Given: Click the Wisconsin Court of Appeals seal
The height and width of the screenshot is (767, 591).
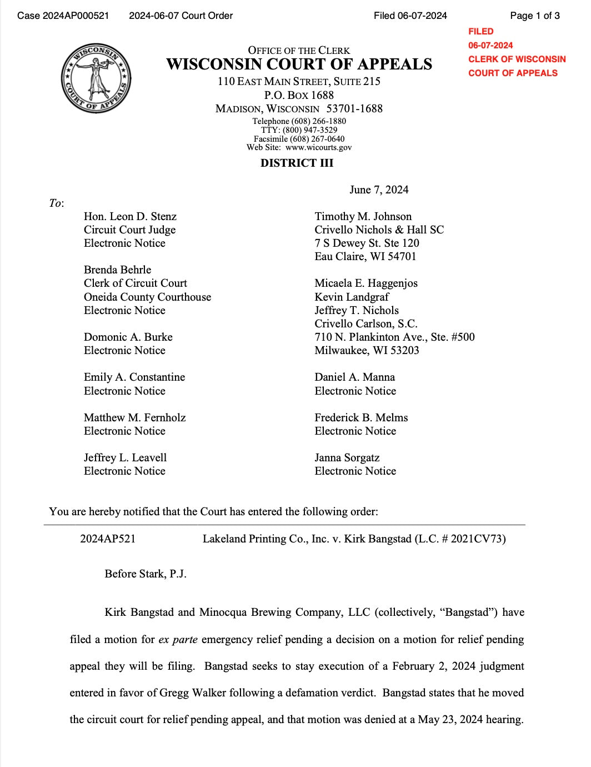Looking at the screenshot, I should click(96, 78).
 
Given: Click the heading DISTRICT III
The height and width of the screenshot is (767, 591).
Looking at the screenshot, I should click(297, 163).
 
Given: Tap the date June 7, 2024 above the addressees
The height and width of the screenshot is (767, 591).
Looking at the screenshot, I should click(379, 190).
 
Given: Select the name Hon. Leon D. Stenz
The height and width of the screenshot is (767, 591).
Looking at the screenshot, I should click(130, 216).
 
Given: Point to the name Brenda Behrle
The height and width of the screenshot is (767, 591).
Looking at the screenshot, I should click(117, 270).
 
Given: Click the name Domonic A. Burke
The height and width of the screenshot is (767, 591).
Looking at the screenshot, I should click(128, 337).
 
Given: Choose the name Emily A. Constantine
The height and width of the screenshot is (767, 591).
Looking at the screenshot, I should click(134, 377).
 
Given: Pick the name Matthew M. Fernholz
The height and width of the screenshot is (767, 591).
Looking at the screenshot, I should click(134, 417).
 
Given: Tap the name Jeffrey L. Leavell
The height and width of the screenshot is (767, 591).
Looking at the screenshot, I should click(125, 457).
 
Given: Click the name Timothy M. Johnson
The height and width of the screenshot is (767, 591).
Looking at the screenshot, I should click(363, 216).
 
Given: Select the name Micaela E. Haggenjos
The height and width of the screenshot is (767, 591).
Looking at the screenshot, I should click(365, 283).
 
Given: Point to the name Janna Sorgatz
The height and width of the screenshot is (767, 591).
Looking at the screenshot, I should click(347, 457).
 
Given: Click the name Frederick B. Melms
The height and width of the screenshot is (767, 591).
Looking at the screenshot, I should click(361, 417).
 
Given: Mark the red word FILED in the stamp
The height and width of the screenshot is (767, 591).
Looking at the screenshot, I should click(480, 32).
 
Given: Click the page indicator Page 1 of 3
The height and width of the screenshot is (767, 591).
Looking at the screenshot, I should click(534, 16).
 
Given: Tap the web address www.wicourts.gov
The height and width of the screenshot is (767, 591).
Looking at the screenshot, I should click(318, 148).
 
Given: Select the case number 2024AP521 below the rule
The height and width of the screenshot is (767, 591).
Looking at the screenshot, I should click(108, 539).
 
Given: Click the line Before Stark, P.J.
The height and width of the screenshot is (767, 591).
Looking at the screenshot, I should click(146, 574).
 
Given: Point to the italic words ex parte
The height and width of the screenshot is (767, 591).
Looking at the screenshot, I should click(178, 639).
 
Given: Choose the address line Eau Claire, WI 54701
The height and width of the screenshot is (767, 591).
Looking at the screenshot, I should click(365, 256).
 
